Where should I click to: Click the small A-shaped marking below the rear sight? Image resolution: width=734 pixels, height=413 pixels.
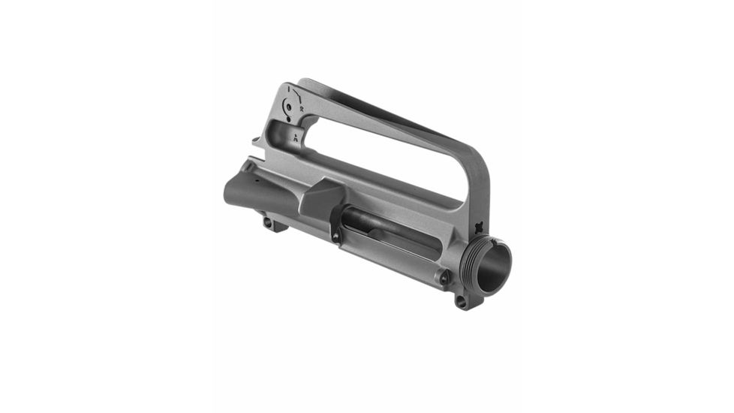[x=297, y=137]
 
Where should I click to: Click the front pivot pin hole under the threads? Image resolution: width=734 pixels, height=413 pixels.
[x=460, y=302]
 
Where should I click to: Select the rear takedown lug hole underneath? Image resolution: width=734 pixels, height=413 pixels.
[x=268, y=222]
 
